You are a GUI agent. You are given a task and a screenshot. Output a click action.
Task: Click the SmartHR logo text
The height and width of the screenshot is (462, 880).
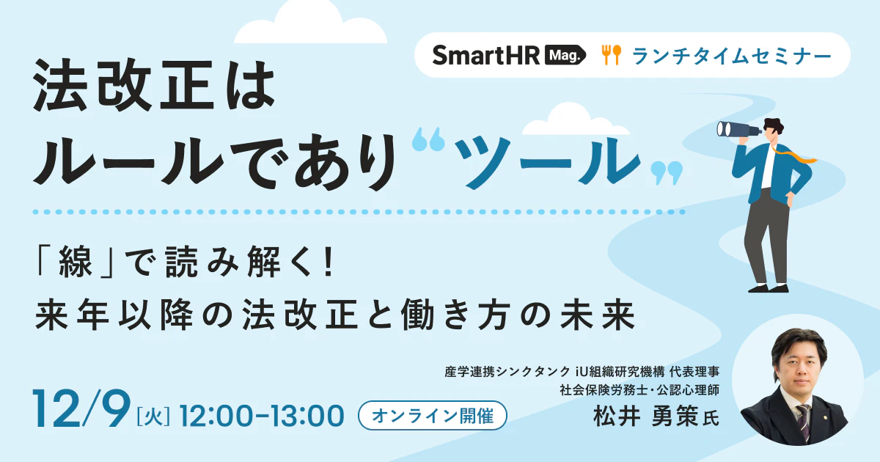coord(486,56)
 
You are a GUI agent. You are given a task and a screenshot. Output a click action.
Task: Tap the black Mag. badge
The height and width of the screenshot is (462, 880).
coord(565,56)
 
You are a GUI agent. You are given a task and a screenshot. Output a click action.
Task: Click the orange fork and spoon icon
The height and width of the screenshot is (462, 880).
coord(612,55)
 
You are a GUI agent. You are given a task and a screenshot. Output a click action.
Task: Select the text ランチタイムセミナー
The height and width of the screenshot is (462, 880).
coord(732,56)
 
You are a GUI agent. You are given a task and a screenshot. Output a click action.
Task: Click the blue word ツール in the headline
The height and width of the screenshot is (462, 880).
coord(547,162)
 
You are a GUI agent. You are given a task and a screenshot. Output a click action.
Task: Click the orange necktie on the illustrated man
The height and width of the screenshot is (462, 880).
coord(793,155)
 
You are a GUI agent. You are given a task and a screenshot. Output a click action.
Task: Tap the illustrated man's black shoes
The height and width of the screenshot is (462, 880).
coord(768,288)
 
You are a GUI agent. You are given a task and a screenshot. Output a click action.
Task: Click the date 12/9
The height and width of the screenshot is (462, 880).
coord(81,408)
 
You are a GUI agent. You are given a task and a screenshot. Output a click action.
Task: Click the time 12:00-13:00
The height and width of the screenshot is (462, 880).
coord(262,416)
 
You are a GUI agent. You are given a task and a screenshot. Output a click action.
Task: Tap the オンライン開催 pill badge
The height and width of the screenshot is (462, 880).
coord(433,415)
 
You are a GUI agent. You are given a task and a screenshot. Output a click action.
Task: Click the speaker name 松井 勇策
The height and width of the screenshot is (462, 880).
coord(646,416)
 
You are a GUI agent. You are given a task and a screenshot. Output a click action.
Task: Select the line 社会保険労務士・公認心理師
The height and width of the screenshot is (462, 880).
coord(639,389)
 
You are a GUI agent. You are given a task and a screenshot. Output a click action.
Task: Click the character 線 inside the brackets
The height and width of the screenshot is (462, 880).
coord(75,262)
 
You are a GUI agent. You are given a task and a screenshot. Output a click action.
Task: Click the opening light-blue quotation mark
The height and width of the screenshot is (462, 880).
coord(428,139)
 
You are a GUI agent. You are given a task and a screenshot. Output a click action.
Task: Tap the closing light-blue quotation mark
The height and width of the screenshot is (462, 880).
coord(667,173)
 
